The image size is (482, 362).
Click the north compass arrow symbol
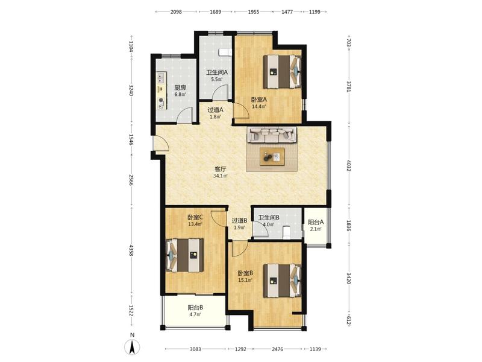[132, 348]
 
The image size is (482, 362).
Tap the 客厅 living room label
[221, 170]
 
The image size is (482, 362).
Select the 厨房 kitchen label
[180, 87]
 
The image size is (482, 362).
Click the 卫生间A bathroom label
[217, 72]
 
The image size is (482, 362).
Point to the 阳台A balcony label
[316, 222]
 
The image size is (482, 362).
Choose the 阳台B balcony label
[195, 308]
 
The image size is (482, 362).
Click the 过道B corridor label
[239, 221]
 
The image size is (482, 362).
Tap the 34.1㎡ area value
[221, 176]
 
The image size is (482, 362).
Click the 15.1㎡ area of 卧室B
[245, 280]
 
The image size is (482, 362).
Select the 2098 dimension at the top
[176, 12]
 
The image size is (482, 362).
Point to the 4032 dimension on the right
[348, 165]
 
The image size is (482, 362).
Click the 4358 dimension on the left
[131, 250]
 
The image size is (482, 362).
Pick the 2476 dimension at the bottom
[278, 349]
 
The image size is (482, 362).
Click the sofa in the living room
[272, 135]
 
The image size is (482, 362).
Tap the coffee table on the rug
[272, 157]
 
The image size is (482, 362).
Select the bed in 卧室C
[185, 255]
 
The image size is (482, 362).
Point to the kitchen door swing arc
[186, 115]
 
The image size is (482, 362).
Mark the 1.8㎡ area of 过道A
[215, 116]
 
